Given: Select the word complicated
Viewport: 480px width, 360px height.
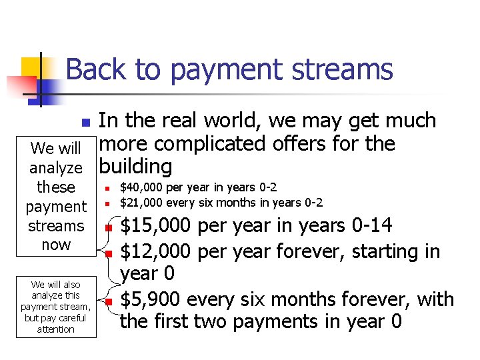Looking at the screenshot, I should (x=216, y=144).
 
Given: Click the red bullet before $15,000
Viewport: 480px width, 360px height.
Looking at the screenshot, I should (x=107, y=229).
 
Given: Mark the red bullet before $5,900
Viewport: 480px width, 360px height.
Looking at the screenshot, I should (x=107, y=302).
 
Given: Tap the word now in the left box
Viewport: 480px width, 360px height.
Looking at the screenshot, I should (x=56, y=245).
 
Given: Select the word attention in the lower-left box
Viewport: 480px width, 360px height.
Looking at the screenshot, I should (x=56, y=329).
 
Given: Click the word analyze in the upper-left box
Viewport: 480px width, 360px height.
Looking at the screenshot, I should (x=56, y=168).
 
